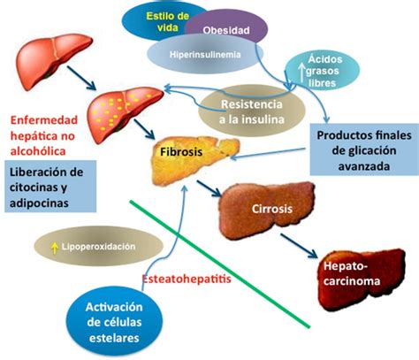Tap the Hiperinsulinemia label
pyautogui.click(x=205, y=54)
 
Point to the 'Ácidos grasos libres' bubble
pyautogui.click(x=322, y=71)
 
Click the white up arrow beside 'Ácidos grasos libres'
pyautogui.click(x=301, y=73)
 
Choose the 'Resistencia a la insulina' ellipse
pyautogui.click(x=252, y=111)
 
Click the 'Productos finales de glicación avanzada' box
pyautogui.click(x=364, y=149)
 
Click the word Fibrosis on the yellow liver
pyautogui.click(x=181, y=151)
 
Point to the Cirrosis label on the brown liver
pyautogui.click(x=272, y=209)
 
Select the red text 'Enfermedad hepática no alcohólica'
pyautogui.click(x=44, y=135)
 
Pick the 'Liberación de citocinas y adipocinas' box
pyautogui.click(x=50, y=187)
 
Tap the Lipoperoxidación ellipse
pyautogui.click(x=99, y=246)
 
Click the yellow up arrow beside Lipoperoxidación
pyautogui.click(x=54, y=248)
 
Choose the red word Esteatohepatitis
pyautogui.click(x=187, y=279)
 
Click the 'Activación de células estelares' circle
pyautogui.click(x=114, y=322)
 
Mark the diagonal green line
pyautogui.click(x=220, y=264)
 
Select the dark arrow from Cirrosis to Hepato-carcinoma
pyautogui.click(x=299, y=246)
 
